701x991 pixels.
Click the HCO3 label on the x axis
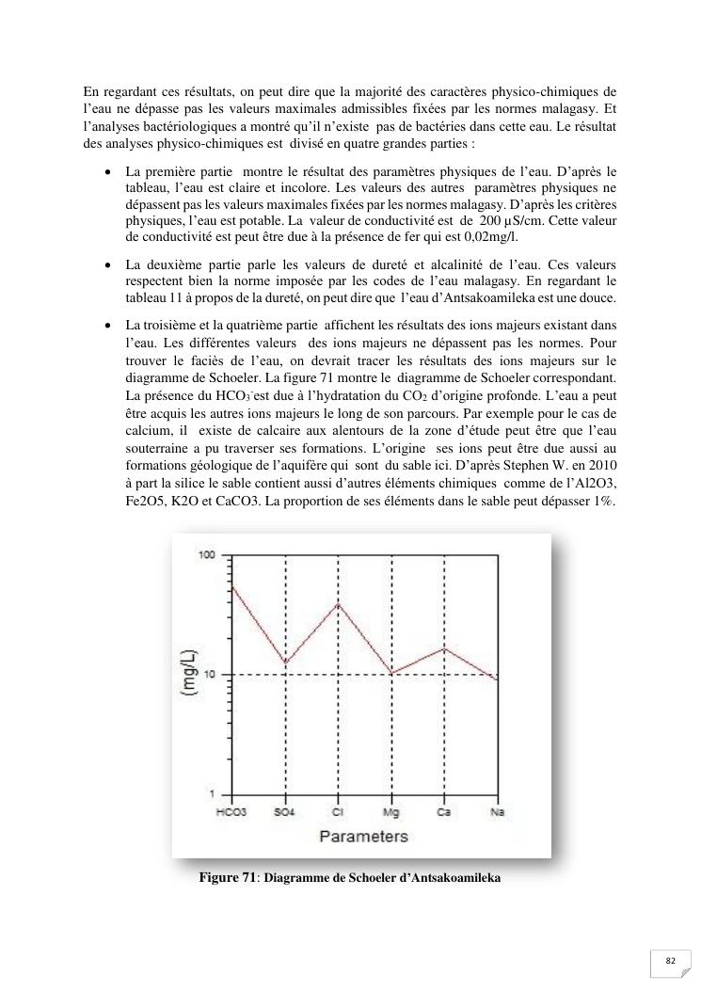point(231,811)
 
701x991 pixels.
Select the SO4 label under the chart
point(285,811)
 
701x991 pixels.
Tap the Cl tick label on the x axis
point(338,811)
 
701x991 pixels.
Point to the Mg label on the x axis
point(391,811)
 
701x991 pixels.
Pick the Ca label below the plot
point(444,811)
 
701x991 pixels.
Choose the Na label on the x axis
point(496,811)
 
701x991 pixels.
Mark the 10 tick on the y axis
point(208,675)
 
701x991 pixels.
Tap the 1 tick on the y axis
point(212,794)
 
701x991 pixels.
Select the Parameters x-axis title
point(363,836)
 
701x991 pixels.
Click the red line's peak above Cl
point(338,603)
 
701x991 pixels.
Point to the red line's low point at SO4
point(285,663)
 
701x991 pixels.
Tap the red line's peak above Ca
point(444,648)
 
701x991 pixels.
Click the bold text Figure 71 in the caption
point(228,878)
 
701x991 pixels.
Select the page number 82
point(671,961)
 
